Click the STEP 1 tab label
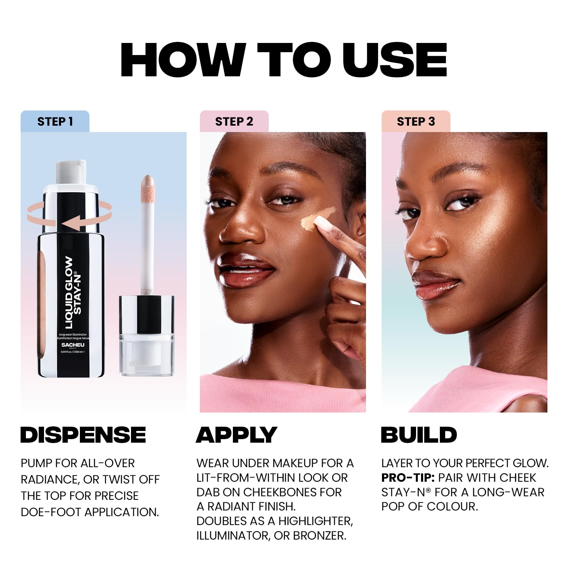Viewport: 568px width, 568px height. pos(55,122)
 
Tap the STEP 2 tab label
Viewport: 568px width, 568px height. pos(234,122)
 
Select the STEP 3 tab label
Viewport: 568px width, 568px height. pos(416,122)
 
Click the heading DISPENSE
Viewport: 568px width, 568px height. pos(83,435)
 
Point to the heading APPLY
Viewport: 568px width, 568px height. pos(236,435)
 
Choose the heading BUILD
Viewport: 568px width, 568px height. pos(419,435)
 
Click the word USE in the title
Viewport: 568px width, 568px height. pos(394,60)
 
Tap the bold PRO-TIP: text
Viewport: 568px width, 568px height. pos(408,478)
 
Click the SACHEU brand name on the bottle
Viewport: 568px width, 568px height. pos(73,345)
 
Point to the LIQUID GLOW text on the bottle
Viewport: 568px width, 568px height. pos(69,293)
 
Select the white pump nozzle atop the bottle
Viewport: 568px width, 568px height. pos(71,172)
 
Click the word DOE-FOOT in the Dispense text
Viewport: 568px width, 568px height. pos(51,512)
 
